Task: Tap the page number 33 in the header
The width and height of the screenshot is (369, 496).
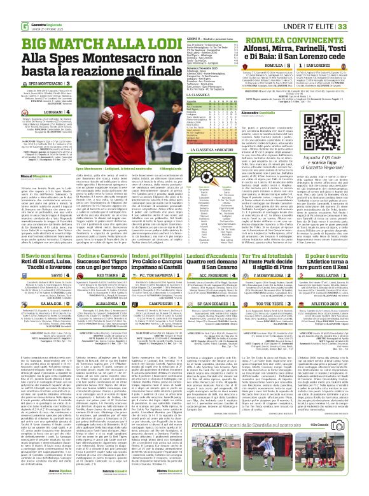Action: (360, 25)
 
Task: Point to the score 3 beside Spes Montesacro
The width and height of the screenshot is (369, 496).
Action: (68, 84)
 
